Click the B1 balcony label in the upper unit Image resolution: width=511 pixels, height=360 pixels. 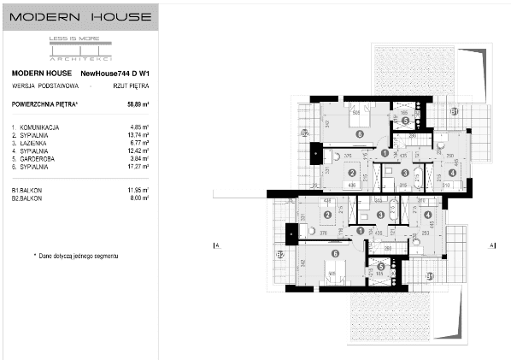455,112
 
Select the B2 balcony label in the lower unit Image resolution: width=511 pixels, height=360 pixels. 279,255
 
